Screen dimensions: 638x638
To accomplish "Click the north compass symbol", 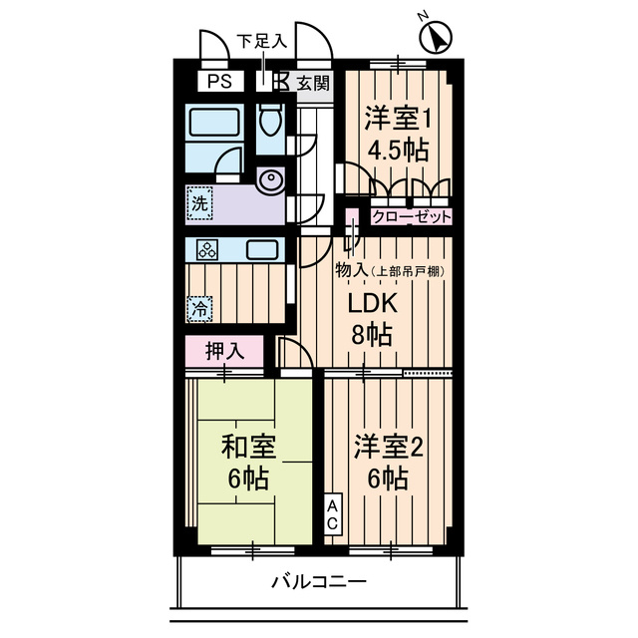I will [x=435, y=38].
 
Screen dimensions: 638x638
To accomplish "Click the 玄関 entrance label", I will [x=313, y=83].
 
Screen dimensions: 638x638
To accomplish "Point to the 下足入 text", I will [x=261, y=42].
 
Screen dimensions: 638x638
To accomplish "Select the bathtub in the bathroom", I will [x=213, y=127].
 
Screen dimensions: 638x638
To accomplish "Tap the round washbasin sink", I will [x=270, y=181].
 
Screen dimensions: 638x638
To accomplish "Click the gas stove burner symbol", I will [x=207, y=249].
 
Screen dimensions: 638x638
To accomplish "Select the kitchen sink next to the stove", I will [x=264, y=249].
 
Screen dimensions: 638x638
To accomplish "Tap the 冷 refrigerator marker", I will [x=200, y=308].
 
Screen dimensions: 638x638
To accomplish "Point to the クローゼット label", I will [x=412, y=216].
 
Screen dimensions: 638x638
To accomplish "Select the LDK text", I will [x=371, y=303].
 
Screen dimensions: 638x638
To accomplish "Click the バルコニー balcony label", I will [x=318, y=582].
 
